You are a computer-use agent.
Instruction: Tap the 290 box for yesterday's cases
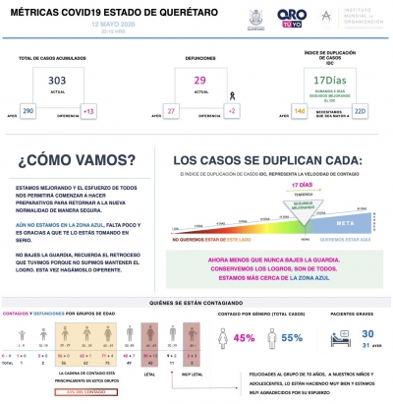(x=28, y=113)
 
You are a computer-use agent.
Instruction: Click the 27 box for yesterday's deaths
(x=170, y=113)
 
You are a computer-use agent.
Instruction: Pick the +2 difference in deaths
(x=232, y=113)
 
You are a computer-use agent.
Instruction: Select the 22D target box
(x=359, y=113)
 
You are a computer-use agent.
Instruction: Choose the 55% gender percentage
(x=292, y=338)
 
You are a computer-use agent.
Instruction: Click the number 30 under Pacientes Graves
(x=366, y=333)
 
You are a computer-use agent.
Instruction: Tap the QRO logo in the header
(x=263, y=19)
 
